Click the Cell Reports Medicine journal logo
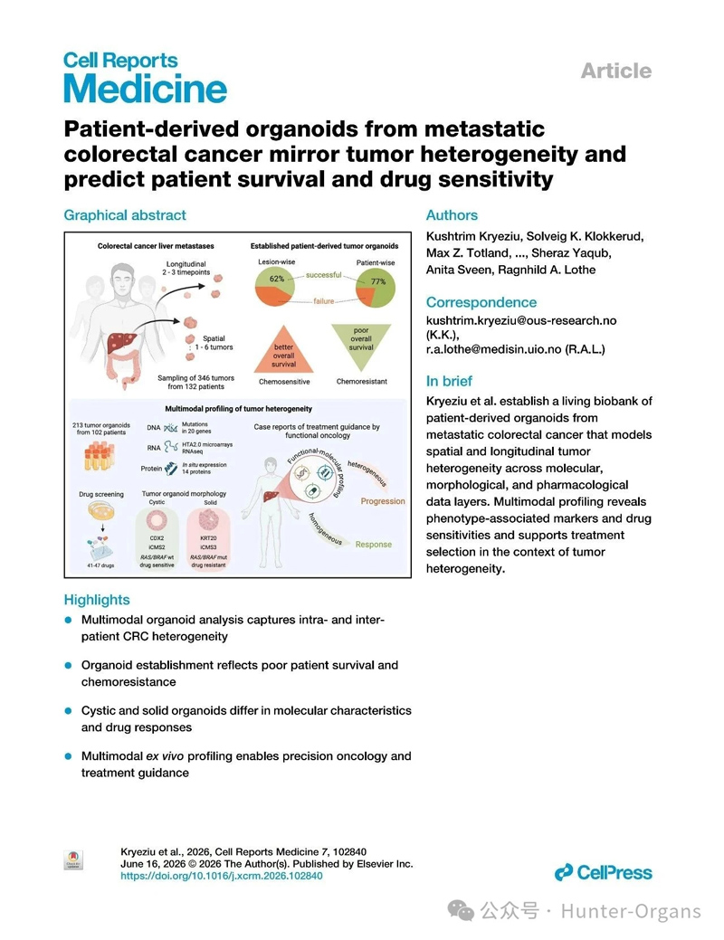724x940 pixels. [x=145, y=77]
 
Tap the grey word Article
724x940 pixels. [x=616, y=71]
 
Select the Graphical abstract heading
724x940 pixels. [x=125, y=215]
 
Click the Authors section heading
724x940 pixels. [x=452, y=215]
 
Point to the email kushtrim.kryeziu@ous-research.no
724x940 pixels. [x=521, y=321]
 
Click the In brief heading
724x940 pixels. [x=449, y=381]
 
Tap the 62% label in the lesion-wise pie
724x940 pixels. [x=277, y=279]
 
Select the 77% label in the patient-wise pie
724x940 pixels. [x=378, y=281]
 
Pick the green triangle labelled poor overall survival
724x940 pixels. [x=361, y=344]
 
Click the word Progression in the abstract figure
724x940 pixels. [x=383, y=501]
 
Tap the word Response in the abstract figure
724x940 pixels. [x=373, y=545]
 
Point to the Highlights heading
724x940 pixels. [x=97, y=600]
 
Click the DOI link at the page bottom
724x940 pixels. [x=222, y=876]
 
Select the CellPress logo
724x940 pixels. [x=603, y=872]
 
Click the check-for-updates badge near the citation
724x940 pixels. [x=73, y=860]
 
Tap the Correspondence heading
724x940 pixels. [x=481, y=302]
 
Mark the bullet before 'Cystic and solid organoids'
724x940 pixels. [x=69, y=710]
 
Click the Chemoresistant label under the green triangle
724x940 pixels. [x=362, y=381]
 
